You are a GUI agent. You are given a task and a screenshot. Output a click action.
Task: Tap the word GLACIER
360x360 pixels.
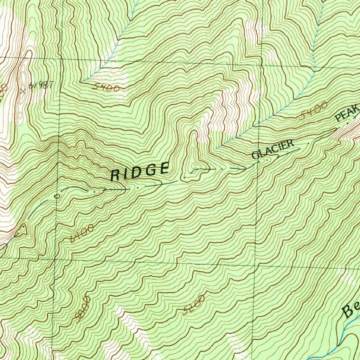coord(273,149)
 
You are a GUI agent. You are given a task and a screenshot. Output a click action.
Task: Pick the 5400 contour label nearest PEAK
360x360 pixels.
coord(314,110)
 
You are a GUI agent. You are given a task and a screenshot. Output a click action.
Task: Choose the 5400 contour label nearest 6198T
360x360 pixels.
coord(107,88)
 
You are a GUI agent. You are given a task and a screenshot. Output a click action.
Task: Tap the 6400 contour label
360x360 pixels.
coord(82,234)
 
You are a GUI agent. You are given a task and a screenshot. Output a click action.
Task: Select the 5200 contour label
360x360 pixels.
coord(194,305)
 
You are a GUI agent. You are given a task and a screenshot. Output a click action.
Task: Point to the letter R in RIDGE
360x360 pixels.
coord(115,175)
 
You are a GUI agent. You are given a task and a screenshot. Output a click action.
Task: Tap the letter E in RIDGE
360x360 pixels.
coord(164,168)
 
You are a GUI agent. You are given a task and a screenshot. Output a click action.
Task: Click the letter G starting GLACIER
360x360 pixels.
coord(256,155)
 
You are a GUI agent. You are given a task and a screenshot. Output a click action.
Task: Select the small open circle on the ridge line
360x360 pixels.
coord(57,196)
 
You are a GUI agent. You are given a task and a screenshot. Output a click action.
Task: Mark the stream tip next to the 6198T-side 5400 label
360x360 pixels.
coord(81,82)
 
